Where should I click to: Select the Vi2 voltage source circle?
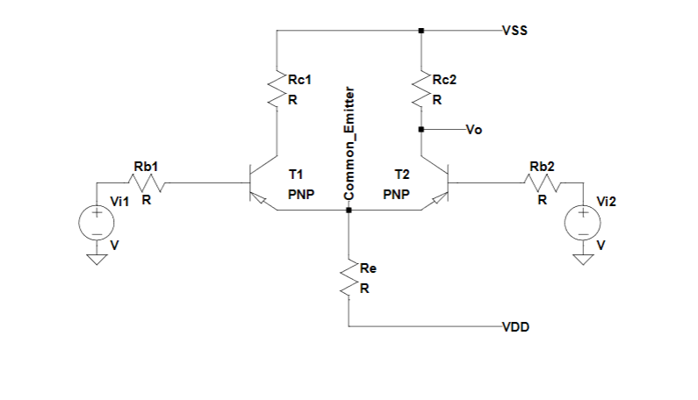582,221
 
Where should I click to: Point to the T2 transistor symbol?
440,185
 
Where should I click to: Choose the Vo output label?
473,130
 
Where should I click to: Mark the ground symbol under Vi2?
582,258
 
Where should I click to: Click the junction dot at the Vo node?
421,130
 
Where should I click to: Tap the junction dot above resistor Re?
349,211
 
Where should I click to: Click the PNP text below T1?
301,195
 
